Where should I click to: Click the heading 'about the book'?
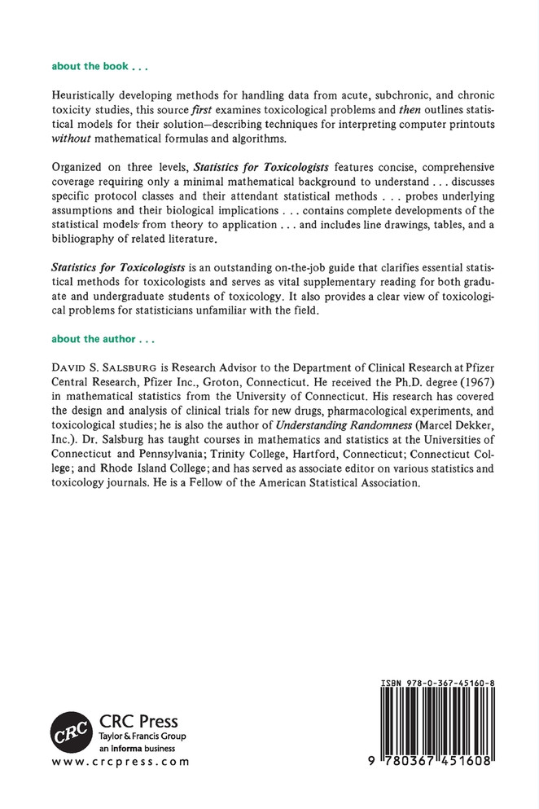(99, 64)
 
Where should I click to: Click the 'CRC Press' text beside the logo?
(138, 722)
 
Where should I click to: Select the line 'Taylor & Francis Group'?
(142, 736)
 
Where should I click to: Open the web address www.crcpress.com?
(120, 763)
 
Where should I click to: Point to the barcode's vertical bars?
(438, 721)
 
